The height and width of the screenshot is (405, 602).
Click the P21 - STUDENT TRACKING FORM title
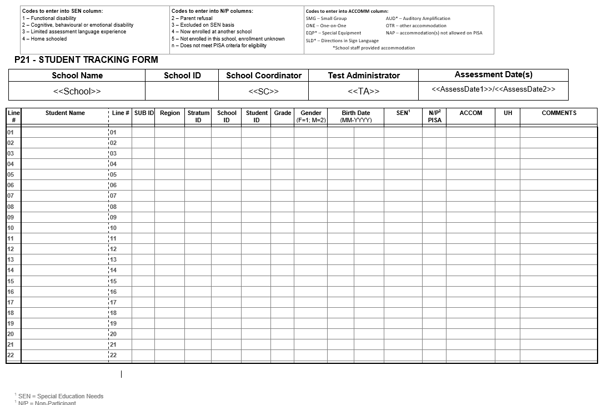pyautogui.click(x=86, y=60)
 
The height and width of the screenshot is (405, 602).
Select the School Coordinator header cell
pyautogui.click(x=263, y=76)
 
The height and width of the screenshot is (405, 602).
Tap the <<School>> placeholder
pyautogui.click(x=77, y=91)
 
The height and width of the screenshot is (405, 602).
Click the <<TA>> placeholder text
pyautogui.click(x=363, y=91)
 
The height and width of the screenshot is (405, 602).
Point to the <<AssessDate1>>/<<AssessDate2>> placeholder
pyautogui.click(x=493, y=89)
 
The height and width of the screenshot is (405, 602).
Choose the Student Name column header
pyautogui.click(x=65, y=113)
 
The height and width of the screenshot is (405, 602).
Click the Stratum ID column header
pyautogui.click(x=198, y=116)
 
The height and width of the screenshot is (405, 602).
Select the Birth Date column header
pyautogui.click(x=355, y=116)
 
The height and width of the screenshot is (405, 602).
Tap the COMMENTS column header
pyautogui.click(x=559, y=113)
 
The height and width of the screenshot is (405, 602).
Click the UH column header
pyautogui.click(x=508, y=113)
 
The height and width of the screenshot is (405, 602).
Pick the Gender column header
pyautogui.click(x=310, y=116)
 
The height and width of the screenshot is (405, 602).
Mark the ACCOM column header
pyautogui.click(x=470, y=113)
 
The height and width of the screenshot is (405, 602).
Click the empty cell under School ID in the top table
pyautogui.click(x=182, y=91)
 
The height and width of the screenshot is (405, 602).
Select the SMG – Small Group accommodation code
pyautogui.click(x=326, y=18)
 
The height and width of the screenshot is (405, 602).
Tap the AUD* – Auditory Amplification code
pyautogui.click(x=418, y=18)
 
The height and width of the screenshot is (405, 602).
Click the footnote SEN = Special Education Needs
pyautogui.click(x=61, y=396)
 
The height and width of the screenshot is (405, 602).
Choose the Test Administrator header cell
pyautogui.click(x=363, y=76)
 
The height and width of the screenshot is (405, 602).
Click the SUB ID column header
pyautogui.click(x=144, y=113)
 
